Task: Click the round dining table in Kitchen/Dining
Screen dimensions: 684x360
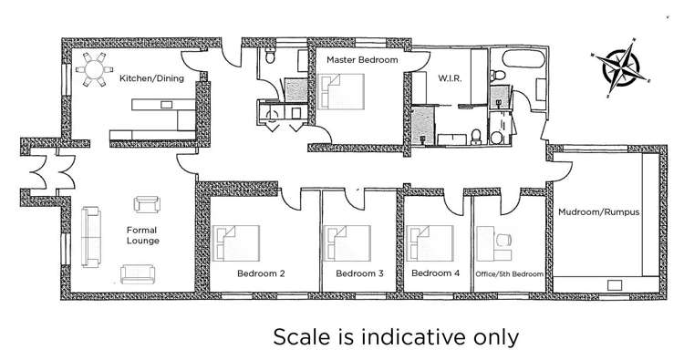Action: click(94, 69)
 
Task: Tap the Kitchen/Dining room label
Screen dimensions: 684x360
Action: click(151, 78)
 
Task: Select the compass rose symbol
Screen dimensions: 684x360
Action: click(619, 67)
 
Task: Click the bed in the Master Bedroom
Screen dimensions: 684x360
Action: click(341, 91)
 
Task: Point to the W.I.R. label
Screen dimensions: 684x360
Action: click(450, 78)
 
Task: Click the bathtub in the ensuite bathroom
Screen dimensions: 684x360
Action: click(523, 58)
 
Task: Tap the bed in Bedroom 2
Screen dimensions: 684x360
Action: click(236, 243)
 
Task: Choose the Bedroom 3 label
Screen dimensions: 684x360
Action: click(360, 273)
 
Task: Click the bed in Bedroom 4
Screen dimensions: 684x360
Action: click(430, 243)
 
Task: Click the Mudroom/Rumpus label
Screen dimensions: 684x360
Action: click(599, 212)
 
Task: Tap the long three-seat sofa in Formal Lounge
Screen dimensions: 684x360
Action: click(91, 237)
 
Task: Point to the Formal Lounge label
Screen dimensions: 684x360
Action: click(142, 235)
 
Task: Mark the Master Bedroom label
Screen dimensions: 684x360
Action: click(362, 60)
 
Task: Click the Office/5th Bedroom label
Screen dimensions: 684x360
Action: click(509, 274)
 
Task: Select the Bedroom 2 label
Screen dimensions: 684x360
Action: click(261, 273)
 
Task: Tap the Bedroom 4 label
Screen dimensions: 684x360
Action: click(435, 273)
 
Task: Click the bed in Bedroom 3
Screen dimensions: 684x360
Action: click(347, 243)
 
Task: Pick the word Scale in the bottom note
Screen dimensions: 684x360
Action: click(302, 337)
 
